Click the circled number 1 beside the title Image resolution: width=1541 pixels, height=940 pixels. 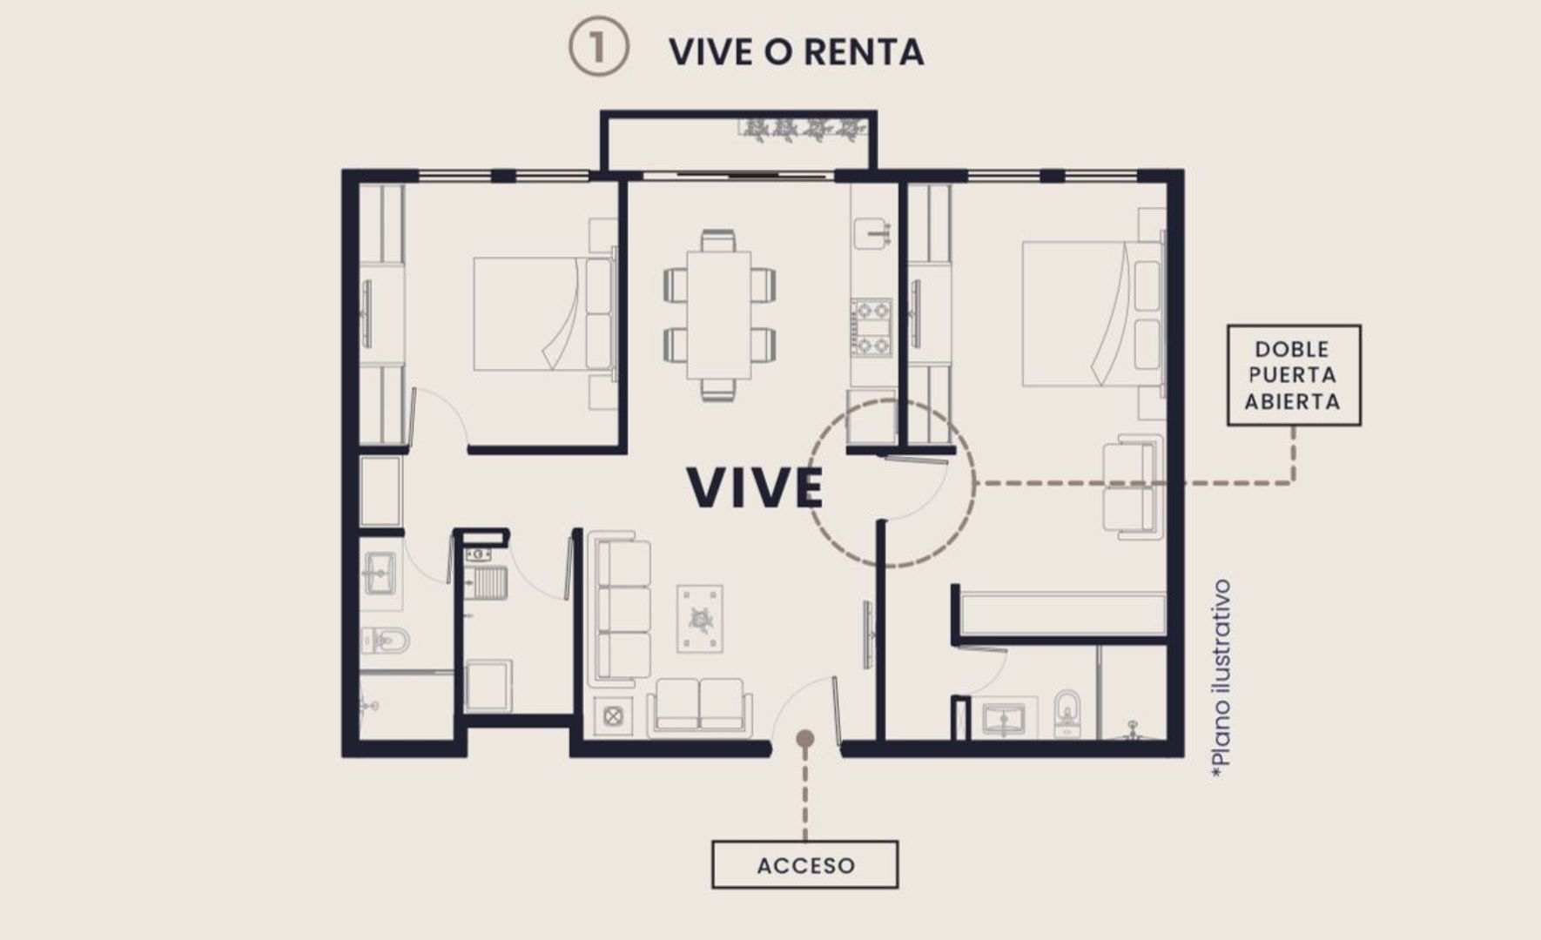coord(599,47)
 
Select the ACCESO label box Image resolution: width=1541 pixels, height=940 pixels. coord(805,864)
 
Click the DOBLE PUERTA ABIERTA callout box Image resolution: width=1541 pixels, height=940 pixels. coord(1294,375)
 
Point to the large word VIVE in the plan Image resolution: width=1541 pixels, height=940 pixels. coord(755,487)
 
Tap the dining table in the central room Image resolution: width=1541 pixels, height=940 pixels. coord(718,315)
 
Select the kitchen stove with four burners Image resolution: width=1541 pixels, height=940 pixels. coord(871,326)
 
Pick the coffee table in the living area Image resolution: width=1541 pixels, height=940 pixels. coord(700,619)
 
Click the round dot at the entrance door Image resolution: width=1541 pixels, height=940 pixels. coord(805,739)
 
